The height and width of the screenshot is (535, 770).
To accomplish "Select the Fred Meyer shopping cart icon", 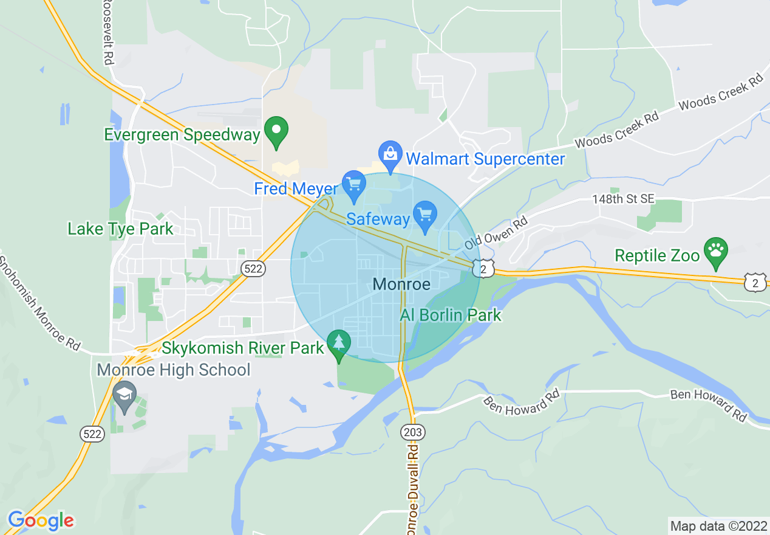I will (x=353, y=185).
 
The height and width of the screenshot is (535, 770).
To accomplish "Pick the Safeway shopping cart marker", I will (x=425, y=215).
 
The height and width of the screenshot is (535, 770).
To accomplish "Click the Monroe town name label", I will (x=401, y=284).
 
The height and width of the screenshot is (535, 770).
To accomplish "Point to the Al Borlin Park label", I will (x=451, y=315).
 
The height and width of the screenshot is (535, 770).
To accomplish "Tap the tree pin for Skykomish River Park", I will (x=338, y=344).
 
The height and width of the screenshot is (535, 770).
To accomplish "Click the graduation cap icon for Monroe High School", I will (x=124, y=395).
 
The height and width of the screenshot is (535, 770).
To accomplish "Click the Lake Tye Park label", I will (x=120, y=229).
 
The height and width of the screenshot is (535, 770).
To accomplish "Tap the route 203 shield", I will (x=413, y=432).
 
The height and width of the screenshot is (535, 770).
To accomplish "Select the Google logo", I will (x=41, y=520).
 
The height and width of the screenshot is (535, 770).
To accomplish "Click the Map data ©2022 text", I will (x=717, y=525).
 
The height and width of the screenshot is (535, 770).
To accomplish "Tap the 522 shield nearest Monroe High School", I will (x=92, y=433).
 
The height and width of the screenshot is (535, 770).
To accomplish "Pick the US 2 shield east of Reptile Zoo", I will (x=755, y=281).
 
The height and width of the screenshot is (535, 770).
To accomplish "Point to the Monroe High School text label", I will (x=174, y=370).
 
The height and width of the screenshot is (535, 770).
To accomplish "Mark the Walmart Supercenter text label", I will (x=485, y=159).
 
